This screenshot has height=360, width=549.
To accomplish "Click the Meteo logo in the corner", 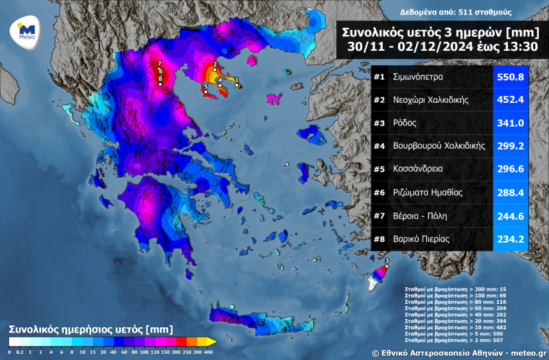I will pyautogui.click(x=26, y=33).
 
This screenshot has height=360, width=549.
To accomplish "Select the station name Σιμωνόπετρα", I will pyautogui.click(x=422, y=77).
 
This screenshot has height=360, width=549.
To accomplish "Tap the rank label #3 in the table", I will pyautogui.click(x=379, y=123).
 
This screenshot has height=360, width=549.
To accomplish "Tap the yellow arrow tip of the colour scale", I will pyautogui.click(x=212, y=341).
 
